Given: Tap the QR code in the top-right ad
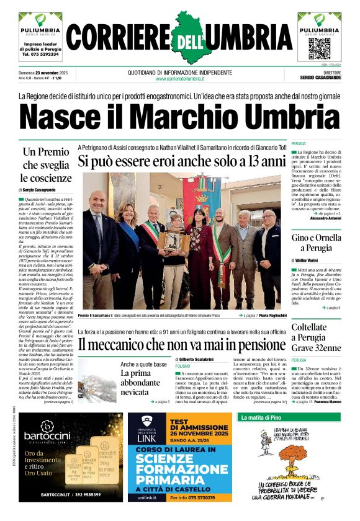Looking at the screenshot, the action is [x=319, y=47].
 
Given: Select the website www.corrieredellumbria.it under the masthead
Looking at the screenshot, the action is [x=180, y=79].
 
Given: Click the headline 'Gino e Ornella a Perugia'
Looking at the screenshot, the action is [x=316, y=244].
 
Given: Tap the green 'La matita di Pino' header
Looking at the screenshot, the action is [x=260, y=418].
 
